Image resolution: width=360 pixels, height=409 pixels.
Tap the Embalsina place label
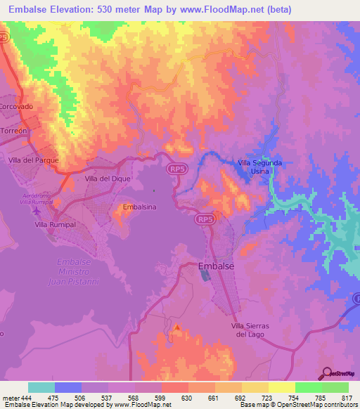point(139,207)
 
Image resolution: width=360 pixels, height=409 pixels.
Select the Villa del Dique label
point(104,179)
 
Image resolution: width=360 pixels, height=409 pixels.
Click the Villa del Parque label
point(32,160)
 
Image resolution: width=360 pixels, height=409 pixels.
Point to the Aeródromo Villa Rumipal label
point(37,197)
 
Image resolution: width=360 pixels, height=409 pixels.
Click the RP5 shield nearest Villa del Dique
point(176,169)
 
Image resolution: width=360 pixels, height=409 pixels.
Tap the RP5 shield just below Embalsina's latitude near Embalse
point(205,220)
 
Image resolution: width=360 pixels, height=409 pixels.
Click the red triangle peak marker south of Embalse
point(177,327)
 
